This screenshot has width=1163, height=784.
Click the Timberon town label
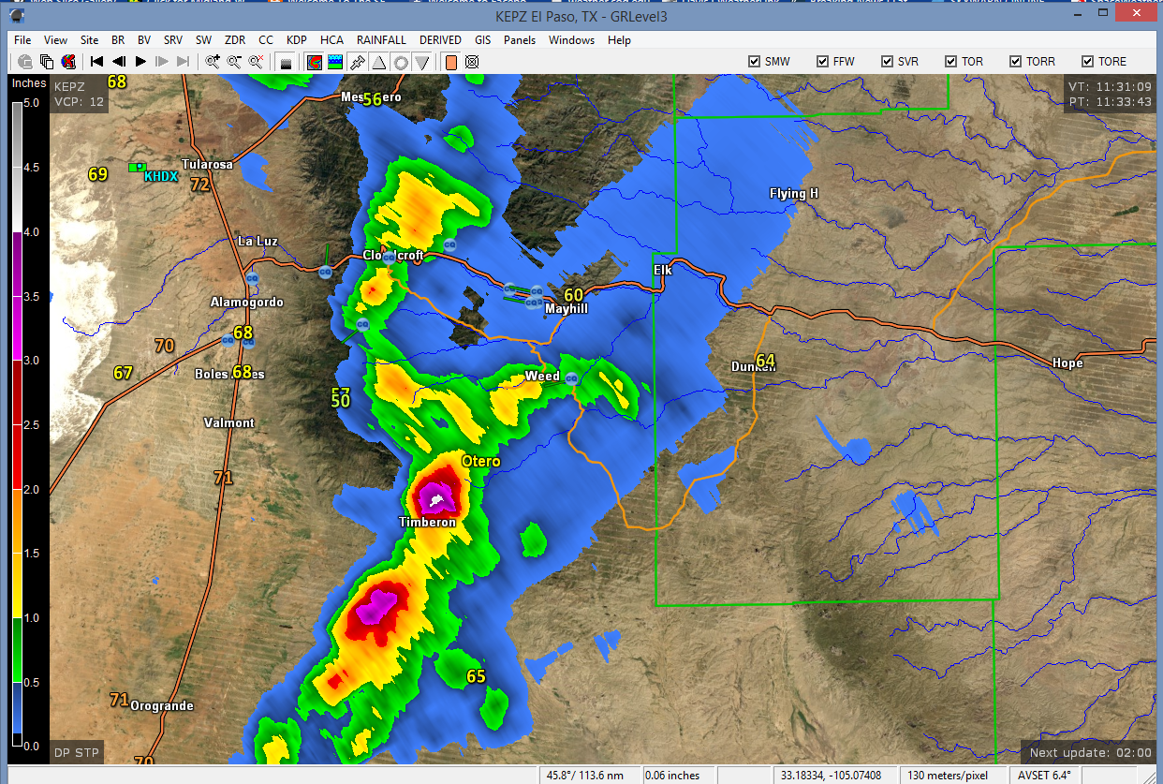tap(427, 522)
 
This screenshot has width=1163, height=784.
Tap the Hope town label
tap(1067, 363)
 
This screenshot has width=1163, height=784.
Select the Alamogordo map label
tap(246, 303)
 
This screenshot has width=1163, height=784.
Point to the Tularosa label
tap(207, 164)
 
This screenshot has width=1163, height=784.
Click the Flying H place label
tap(794, 194)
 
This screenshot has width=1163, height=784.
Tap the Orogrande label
tap(161, 705)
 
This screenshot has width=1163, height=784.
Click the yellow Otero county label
tap(480, 461)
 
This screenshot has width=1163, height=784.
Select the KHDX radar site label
tap(161, 176)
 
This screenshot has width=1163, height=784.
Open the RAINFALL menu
tap(381, 40)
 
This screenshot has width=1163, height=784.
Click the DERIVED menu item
tap(440, 40)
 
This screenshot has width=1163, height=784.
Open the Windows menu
tap(571, 40)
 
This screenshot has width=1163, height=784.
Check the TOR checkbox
tap(951, 62)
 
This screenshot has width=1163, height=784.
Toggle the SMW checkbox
tap(755, 62)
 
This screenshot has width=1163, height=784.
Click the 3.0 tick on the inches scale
tap(32, 361)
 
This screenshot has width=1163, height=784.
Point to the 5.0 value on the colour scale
tap(32, 103)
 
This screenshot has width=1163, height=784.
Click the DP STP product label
tap(75, 752)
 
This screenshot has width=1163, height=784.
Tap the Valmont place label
tap(229, 422)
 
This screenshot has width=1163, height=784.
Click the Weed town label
tap(542, 377)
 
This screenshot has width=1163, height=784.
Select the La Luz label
tap(258, 241)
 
